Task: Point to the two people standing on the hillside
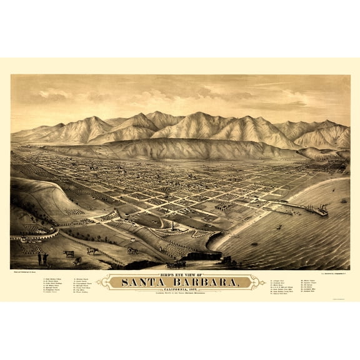click(x=42, y=257)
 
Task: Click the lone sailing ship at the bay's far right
click(x=343, y=200)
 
